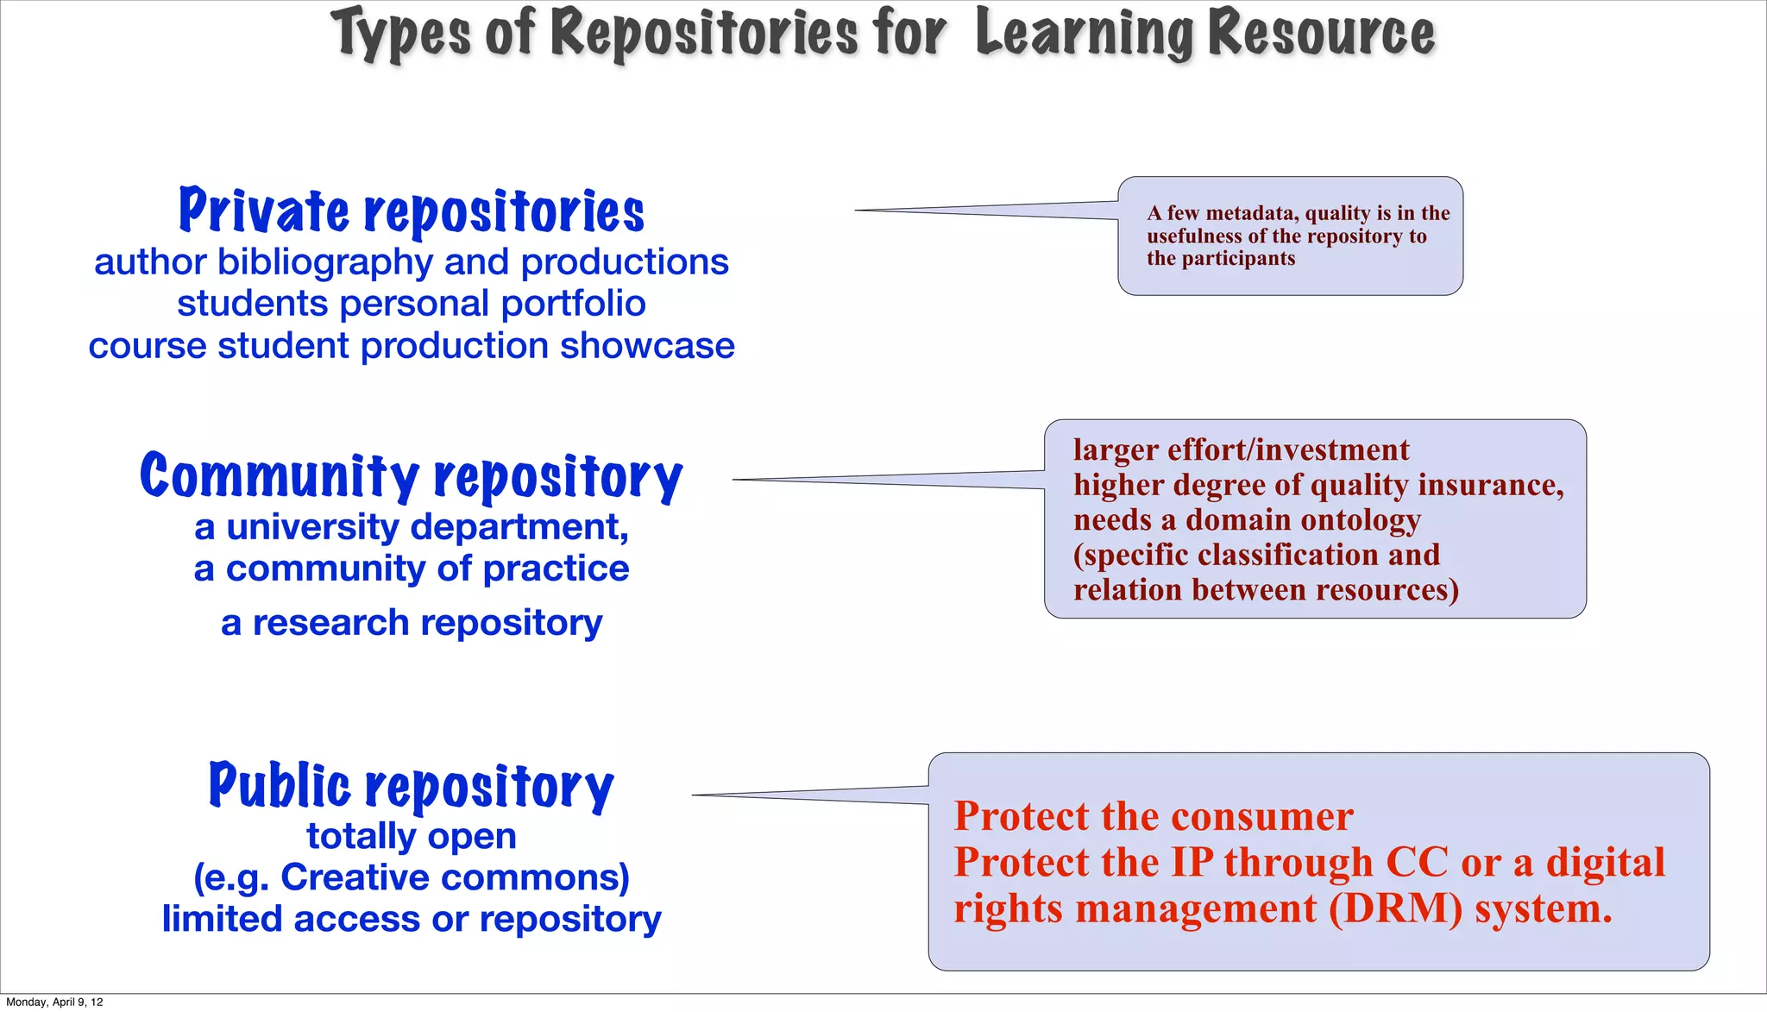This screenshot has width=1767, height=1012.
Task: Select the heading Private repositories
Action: (412, 211)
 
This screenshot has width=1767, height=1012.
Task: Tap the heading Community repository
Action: (412, 476)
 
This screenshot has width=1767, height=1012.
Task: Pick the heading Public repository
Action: (412, 786)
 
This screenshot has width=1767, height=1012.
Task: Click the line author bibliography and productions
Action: (412, 262)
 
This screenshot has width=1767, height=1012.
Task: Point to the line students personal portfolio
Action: (412, 304)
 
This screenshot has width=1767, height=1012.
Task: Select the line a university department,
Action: (412, 527)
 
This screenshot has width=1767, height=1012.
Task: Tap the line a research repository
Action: (412, 623)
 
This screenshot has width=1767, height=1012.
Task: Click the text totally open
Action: (412, 836)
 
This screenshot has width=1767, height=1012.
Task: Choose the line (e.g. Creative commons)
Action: (412, 877)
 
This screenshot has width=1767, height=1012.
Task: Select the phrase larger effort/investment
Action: (1241, 450)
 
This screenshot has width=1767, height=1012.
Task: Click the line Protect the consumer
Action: (1154, 816)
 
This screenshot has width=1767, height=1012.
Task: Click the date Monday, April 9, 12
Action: (54, 1002)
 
